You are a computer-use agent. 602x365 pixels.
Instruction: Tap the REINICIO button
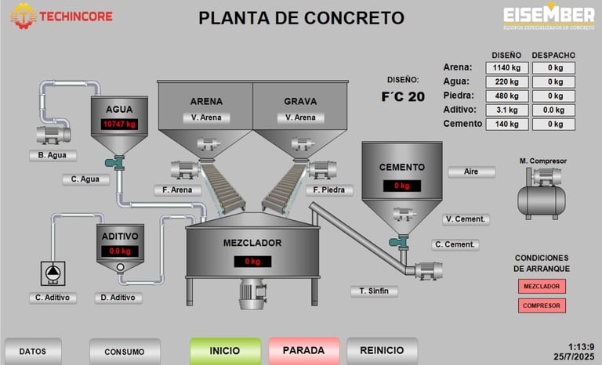(382, 351)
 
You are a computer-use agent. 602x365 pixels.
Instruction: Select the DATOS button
(33, 352)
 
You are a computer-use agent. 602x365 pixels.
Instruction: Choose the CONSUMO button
(125, 352)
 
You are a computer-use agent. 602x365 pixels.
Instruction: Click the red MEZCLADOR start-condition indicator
(542, 287)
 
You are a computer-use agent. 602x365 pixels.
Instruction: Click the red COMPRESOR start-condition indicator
(542, 305)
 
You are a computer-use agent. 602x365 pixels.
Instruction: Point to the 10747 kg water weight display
(119, 125)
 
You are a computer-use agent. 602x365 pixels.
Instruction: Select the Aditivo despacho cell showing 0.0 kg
(554, 110)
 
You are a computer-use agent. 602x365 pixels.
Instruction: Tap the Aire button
(471, 172)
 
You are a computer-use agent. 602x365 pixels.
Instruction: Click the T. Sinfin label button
(374, 291)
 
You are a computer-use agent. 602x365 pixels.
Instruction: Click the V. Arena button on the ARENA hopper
(206, 117)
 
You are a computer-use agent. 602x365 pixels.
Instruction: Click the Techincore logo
(61, 16)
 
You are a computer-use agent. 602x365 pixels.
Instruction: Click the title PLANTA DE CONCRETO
(302, 18)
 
